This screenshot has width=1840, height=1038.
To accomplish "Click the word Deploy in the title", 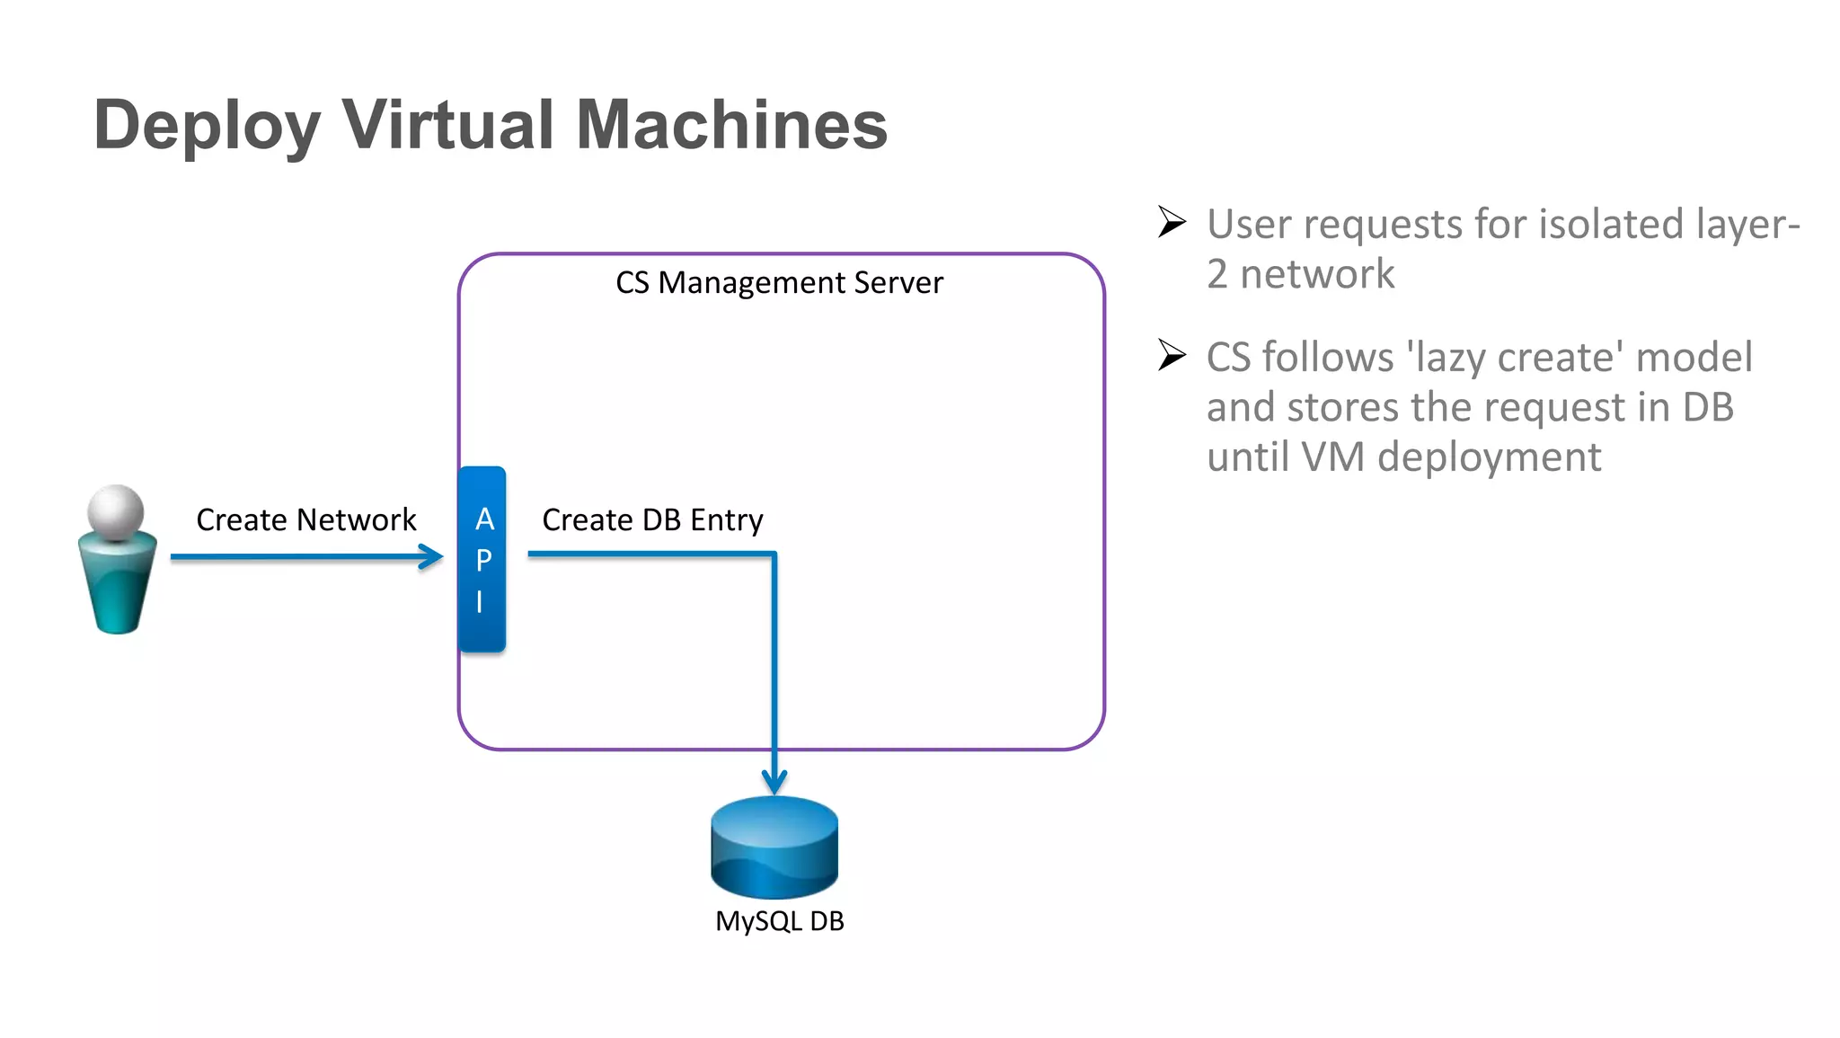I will tap(207, 126).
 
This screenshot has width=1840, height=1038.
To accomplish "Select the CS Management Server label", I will tap(779, 283).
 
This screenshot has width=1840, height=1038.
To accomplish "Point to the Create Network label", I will tap(305, 520).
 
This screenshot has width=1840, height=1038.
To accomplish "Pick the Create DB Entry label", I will tap(652, 520).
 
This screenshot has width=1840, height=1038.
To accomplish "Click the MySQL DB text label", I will tap(779, 921).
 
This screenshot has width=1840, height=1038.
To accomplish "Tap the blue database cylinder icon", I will tap(774, 847).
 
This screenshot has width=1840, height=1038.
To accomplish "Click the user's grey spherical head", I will tap(116, 512).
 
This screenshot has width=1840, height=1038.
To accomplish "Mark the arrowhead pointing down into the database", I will tap(774, 782).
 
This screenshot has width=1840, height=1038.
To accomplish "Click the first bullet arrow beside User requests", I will tap(1172, 222).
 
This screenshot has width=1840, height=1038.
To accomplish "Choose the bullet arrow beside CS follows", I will tap(1172, 355).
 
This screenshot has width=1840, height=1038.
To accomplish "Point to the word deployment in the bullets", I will tap(1489, 457).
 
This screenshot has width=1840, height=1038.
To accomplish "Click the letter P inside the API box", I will tap(484, 560).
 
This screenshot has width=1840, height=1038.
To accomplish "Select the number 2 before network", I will tap(1216, 274).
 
